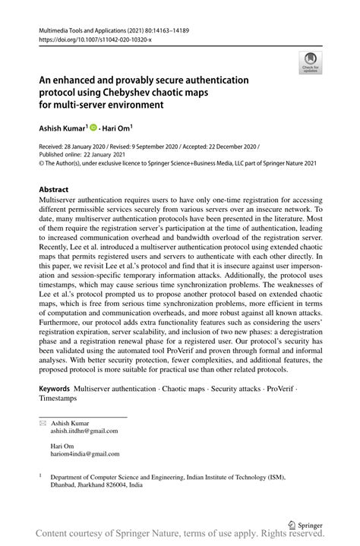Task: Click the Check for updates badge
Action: point(311,63)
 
